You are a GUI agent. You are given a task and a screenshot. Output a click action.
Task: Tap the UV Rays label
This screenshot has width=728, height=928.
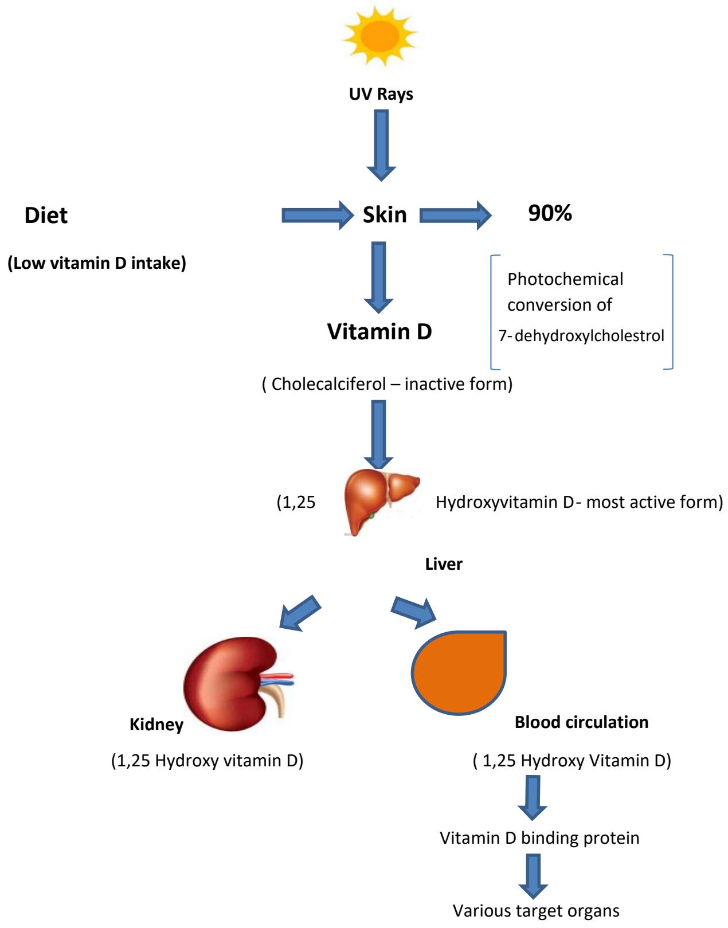[381, 95]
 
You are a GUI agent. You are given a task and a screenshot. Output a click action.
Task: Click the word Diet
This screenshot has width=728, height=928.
[46, 216]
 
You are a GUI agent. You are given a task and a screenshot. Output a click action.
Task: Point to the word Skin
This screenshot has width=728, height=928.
[385, 215]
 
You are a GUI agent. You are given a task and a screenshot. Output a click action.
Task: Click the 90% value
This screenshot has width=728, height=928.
[550, 214]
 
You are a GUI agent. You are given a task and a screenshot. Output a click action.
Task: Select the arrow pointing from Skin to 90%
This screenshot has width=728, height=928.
[456, 215]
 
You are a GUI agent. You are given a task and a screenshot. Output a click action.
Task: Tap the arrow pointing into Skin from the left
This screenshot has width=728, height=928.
[317, 215]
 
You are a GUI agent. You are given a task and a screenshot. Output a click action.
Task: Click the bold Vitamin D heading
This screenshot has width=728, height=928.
[379, 331]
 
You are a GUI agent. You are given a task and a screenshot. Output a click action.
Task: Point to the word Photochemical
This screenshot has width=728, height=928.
[565, 279]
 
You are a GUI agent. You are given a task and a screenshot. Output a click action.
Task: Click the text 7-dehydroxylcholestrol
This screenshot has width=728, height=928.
[581, 336]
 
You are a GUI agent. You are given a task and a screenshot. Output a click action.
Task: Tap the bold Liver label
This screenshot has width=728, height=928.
[444, 564]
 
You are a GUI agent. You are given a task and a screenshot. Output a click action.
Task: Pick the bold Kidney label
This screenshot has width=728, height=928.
[156, 725]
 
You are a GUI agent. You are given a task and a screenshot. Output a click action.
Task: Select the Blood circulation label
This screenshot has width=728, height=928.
[581, 722]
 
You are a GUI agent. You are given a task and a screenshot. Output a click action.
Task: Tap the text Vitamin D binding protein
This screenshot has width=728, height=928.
[539, 838]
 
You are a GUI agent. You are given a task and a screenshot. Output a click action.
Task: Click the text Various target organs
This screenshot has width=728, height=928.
[536, 910]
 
